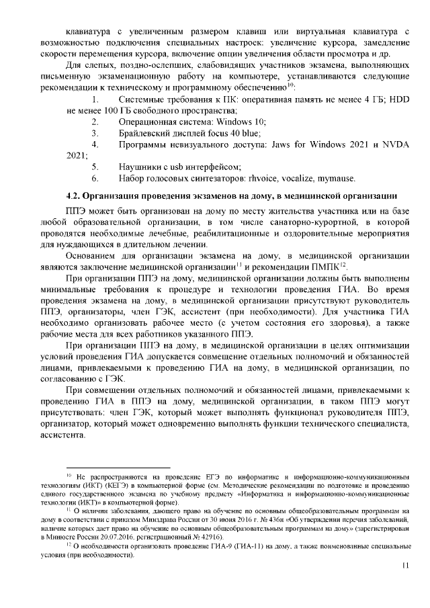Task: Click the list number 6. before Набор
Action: pos(95,178)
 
